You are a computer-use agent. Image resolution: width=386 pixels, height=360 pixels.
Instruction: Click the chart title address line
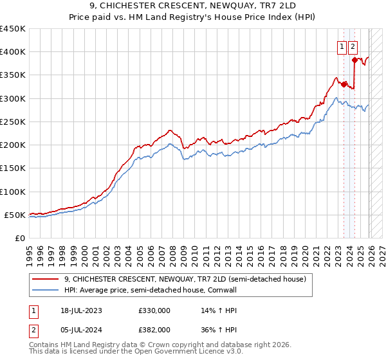(192, 6)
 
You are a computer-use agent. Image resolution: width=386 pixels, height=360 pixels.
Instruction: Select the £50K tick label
(15, 215)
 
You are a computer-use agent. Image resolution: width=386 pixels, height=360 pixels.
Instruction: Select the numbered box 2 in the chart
(353, 46)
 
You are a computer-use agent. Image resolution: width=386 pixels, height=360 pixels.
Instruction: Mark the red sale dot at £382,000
(354, 60)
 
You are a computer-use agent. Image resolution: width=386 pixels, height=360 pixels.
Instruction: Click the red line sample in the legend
(46, 279)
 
